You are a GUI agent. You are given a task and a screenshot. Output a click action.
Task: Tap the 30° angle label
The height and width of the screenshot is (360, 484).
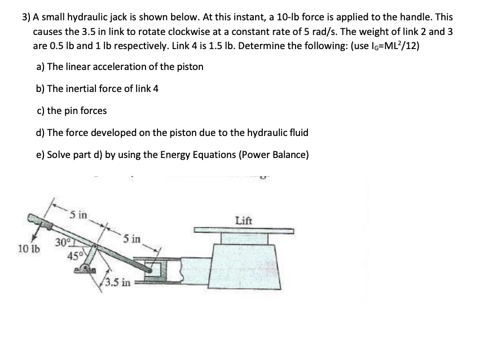coord(62,243)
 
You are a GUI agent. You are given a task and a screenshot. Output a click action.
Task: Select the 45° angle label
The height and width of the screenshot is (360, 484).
coord(74,254)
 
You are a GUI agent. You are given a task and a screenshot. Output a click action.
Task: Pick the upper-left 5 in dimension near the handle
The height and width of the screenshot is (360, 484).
coord(79,214)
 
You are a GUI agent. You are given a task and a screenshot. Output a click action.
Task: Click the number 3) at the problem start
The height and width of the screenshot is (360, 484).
coord(25,17)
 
